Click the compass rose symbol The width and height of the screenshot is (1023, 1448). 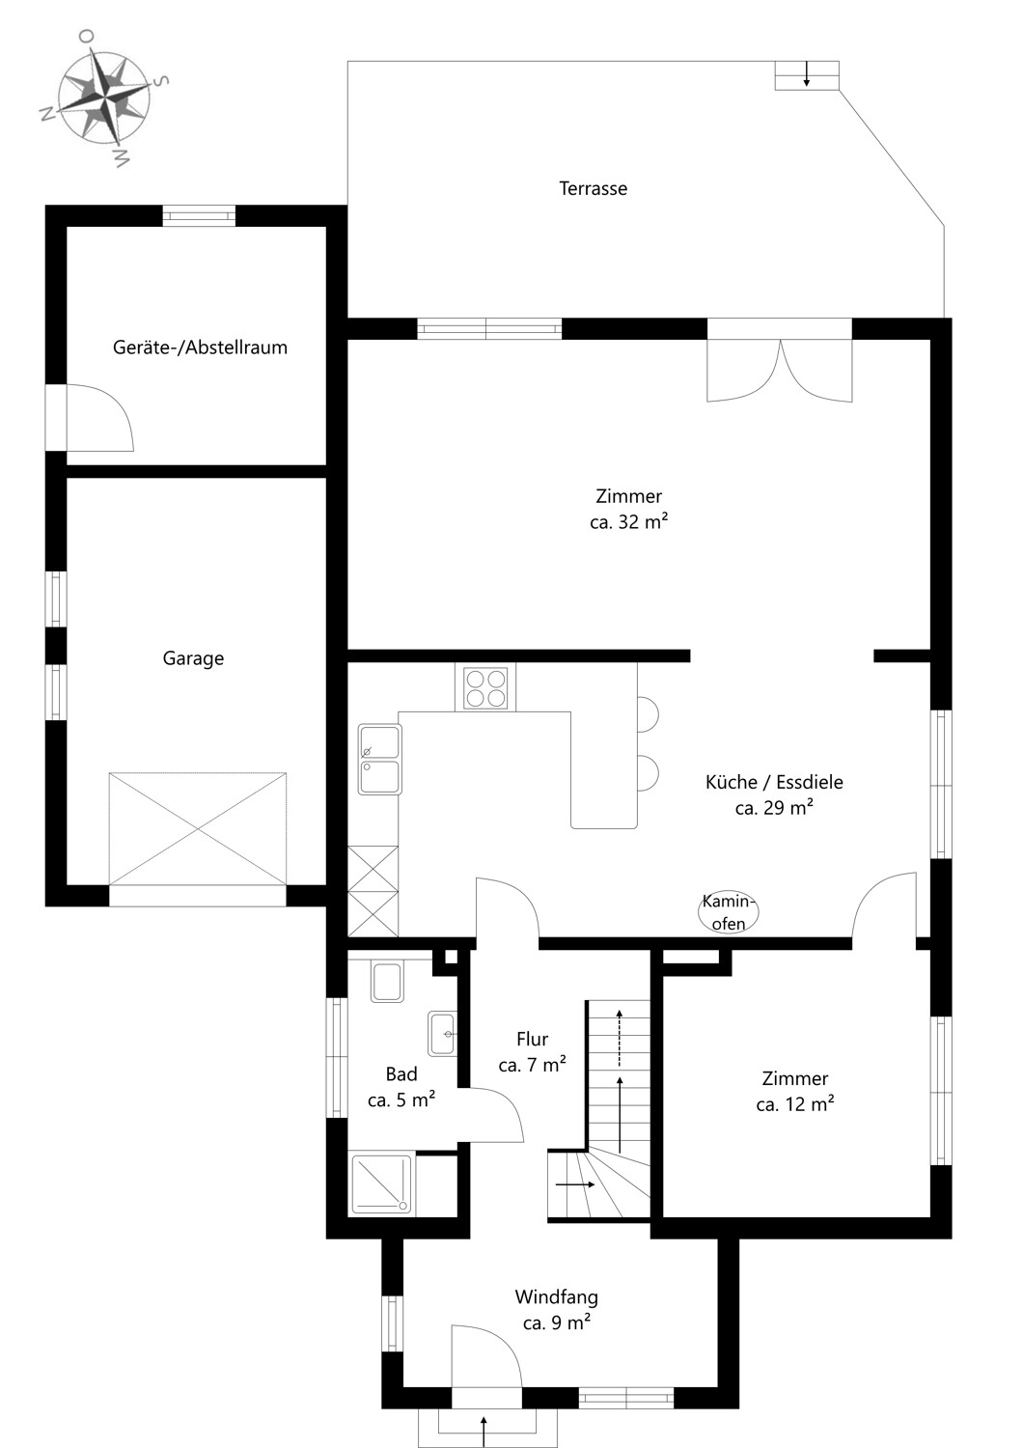click(x=104, y=96)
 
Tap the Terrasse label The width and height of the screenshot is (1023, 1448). click(x=593, y=189)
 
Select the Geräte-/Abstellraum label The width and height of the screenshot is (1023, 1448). click(x=200, y=348)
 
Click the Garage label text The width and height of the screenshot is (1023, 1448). click(x=193, y=658)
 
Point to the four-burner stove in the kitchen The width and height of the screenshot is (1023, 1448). click(x=485, y=687)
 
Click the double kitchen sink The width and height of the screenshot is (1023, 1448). click(x=380, y=759)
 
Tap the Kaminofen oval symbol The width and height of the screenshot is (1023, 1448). click(x=729, y=912)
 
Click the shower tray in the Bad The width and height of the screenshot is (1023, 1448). click(x=381, y=1183)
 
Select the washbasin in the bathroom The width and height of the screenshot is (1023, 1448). click(x=442, y=1033)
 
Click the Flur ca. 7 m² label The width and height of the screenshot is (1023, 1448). click(x=533, y=1052)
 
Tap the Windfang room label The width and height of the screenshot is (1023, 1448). click(x=557, y=1297)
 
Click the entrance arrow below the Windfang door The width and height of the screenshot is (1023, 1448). click(x=484, y=1432)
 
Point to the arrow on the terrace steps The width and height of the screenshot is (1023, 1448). click(x=807, y=73)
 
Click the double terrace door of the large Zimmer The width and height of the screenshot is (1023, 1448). click(x=780, y=361)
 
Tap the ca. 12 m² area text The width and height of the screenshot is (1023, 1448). click(x=794, y=1104)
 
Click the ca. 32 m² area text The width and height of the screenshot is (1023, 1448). click(x=628, y=522)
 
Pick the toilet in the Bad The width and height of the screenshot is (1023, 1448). click(x=387, y=982)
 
